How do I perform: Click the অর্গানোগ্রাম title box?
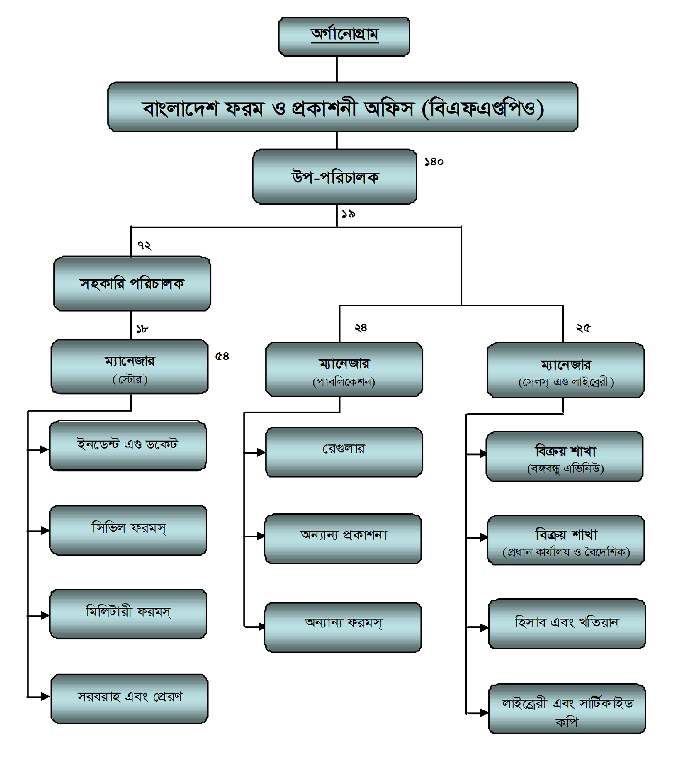coord(344,36)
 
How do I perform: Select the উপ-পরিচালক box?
coord(335,177)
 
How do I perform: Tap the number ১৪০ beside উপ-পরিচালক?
coord(434,162)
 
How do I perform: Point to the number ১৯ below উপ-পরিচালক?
coord(348,214)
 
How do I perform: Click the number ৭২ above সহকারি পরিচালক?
coord(144,245)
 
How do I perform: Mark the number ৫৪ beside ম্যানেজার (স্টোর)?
coord(222,356)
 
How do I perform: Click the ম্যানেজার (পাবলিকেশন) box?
coord(344,369)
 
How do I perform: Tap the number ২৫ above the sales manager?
coord(583,328)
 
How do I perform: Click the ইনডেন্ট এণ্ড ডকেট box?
coord(128,445)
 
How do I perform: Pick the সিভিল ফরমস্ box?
coord(128,530)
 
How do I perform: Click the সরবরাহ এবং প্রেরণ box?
coord(129,698)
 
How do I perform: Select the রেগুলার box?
coord(344,452)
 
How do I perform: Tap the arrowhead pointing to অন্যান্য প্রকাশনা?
coord(261,536)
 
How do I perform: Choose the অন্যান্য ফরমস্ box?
coord(343,627)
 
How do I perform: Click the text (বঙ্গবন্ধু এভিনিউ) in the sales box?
coord(565,469)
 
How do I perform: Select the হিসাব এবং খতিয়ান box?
coord(567,623)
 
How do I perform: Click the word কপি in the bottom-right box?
coord(566,722)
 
